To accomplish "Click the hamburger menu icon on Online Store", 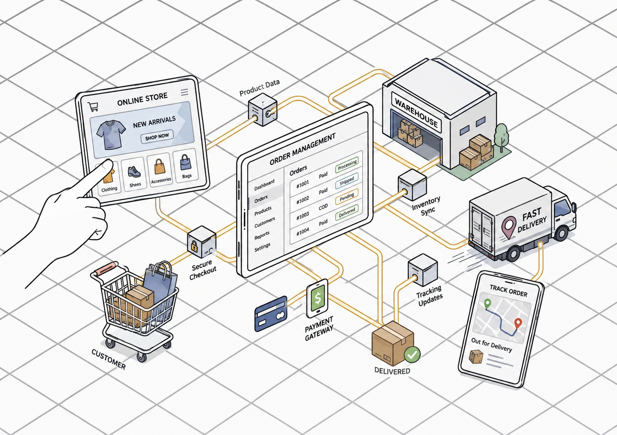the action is pos(185,92).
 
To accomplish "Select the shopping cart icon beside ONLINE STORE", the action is pos(93,107).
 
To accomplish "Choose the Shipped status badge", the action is pos(346,181).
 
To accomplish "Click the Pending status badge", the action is pos(346,197).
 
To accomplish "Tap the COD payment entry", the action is pos(323,207).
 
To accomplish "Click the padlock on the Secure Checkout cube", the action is pos(194,245).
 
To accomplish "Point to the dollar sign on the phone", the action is pos(318,298).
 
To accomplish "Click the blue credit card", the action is pos(271,313).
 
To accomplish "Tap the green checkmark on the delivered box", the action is pos(412,354).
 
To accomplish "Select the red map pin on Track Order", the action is pos(518,323).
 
